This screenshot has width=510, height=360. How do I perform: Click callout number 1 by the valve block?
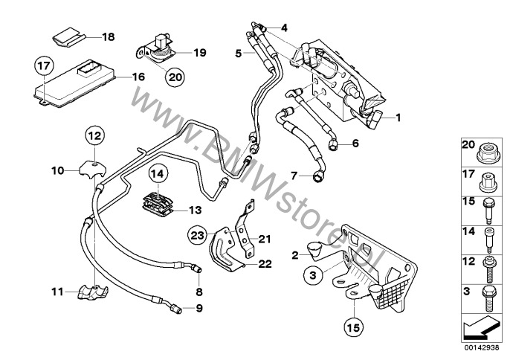point(398,117)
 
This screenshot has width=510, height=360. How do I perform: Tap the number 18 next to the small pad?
point(109,36)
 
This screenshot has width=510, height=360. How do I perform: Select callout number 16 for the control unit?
point(138,77)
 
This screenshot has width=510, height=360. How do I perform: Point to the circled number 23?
point(196,234)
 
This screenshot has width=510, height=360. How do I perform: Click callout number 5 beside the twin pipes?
point(239,54)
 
